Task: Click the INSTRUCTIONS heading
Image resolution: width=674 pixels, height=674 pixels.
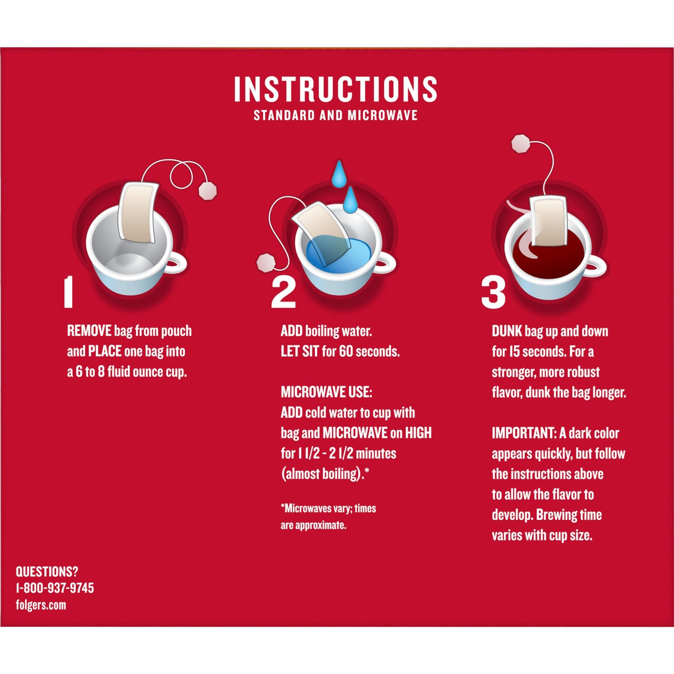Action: tap(335, 89)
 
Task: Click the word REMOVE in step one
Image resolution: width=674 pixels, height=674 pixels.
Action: tap(89, 331)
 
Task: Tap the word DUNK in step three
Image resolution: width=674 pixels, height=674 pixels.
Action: tap(507, 331)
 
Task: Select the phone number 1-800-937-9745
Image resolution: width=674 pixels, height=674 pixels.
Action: tap(55, 588)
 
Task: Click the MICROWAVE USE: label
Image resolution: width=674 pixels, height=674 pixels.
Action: tap(327, 392)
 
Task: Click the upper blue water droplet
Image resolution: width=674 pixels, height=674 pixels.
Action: tap(338, 174)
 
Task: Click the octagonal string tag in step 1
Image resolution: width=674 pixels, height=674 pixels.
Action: tap(207, 190)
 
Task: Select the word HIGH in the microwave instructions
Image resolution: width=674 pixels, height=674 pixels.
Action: tap(418, 433)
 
